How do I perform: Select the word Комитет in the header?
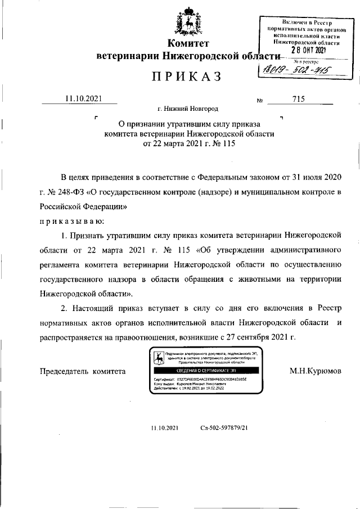(x=188, y=44)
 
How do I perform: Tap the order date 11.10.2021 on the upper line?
(x=83, y=99)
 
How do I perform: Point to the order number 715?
(x=299, y=99)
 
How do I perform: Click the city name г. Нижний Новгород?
(x=188, y=109)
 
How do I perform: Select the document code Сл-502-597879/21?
(x=224, y=428)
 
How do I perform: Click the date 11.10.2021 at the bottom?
(x=165, y=428)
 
